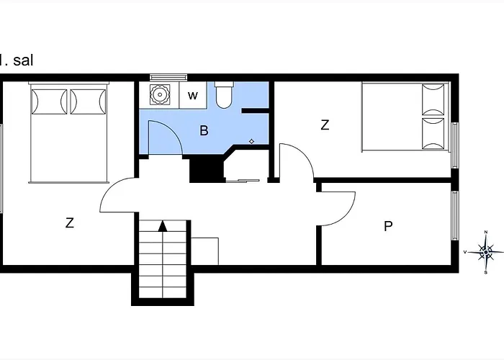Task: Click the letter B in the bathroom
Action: pyautogui.click(x=204, y=130)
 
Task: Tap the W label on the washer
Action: pyautogui.click(x=192, y=96)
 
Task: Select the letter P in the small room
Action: pyautogui.click(x=388, y=226)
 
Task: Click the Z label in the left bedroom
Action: pyautogui.click(x=69, y=222)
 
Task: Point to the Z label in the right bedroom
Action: pyautogui.click(x=325, y=125)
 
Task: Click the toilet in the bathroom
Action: pyautogui.click(x=224, y=95)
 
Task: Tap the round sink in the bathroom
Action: pyautogui.click(x=159, y=94)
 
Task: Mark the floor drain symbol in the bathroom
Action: pyautogui.click(x=252, y=141)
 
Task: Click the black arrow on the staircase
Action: pyautogui.click(x=163, y=226)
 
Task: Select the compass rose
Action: pyautogui.click(x=486, y=252)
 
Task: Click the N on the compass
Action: pyautogui.click(x=486, y=232)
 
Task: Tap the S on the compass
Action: pyautogui.click(x=486, y=273)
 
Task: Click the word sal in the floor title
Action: pyautogui.click(x=23, y=60)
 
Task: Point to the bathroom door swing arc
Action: pyautogui.click(x=175, y=132)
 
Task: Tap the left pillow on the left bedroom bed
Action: pyautogui.click(x=49, y=102)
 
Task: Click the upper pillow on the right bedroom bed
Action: pyautogui.click(x=433, y=99)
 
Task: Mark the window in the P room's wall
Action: pyautogui.click(x=455, y=215)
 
